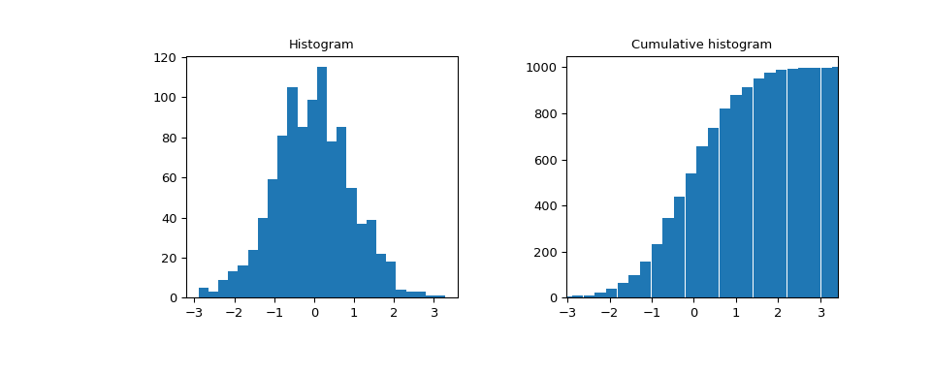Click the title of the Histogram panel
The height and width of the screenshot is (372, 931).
321,45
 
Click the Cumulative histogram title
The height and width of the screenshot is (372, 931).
701,45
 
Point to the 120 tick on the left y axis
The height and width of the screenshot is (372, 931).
164,58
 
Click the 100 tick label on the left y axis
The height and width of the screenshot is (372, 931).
164,98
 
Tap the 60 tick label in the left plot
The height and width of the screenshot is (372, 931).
168,178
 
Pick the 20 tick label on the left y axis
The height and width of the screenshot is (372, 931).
168,259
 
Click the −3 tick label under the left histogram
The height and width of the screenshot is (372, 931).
195,314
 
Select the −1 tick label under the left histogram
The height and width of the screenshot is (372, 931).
274,314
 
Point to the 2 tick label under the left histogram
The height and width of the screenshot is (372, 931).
395,314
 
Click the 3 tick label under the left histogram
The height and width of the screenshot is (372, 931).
434,314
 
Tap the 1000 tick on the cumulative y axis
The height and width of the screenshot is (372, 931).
540,68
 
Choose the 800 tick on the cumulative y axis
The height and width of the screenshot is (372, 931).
544,114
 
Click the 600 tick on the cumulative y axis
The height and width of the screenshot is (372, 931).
544,160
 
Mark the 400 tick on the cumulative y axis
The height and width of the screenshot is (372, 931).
544,206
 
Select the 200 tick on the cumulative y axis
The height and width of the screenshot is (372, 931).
544,253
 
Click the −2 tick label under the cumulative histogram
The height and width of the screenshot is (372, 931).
607,314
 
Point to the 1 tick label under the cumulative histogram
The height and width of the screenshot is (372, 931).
736,314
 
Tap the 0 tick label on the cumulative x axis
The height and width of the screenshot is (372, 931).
693,314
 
